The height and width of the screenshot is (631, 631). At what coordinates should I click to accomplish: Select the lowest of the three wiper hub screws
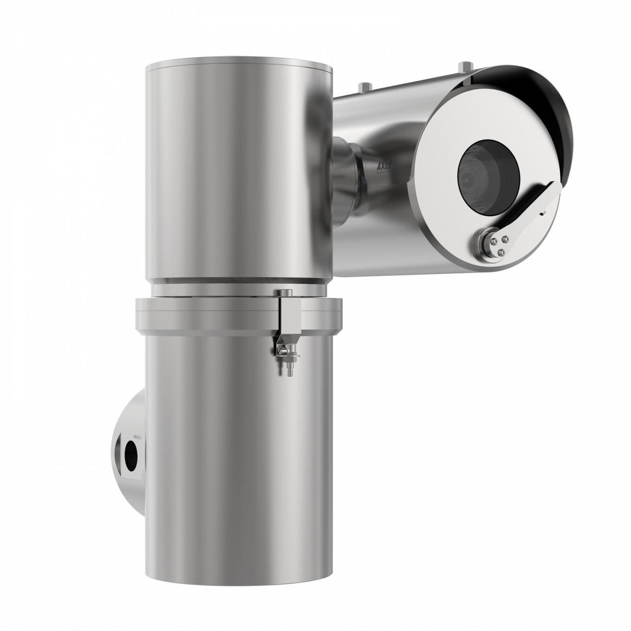[501, 252]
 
